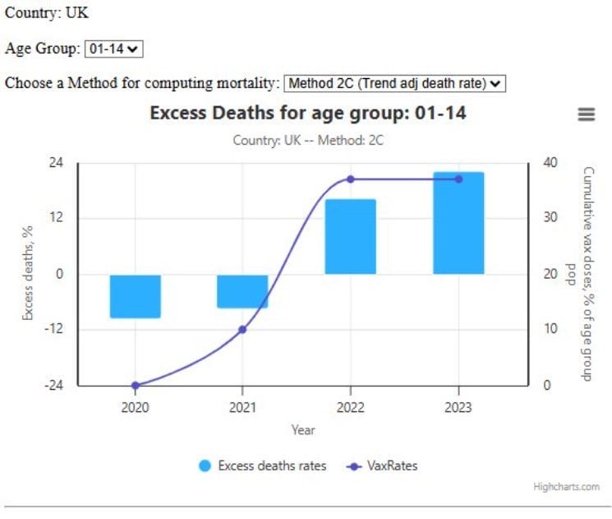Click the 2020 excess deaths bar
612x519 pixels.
point(135,296)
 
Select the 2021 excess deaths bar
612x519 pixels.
point(242,291)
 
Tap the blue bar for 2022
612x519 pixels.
point(351,236)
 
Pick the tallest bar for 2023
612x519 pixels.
point(458,223)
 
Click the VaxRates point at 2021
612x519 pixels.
point(242,330)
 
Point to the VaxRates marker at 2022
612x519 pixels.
point(351,179)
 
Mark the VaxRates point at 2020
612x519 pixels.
point(135,385)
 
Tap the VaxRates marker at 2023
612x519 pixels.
point(458,179)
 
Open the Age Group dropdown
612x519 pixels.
point(114,49)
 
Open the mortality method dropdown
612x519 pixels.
point(394,83)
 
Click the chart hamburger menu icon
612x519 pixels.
point(587,114)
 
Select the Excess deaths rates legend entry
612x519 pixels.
point(263,466)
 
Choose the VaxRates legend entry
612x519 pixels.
point(382,466)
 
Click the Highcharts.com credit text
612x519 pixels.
point(566,487)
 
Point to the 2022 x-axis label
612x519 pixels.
point(351,407)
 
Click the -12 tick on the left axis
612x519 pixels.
point(53,328)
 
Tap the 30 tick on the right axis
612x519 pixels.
point(550,217)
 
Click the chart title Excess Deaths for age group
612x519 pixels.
point(308,113)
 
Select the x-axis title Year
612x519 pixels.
point(303,430)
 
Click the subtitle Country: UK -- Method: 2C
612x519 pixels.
point(308,140)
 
